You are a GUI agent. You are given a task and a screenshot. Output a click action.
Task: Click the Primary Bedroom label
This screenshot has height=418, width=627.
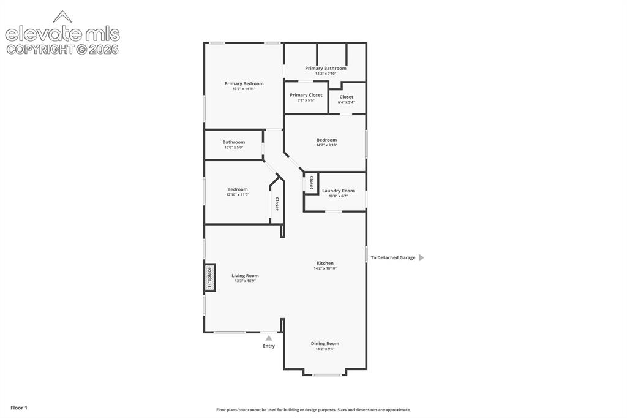point(244,84)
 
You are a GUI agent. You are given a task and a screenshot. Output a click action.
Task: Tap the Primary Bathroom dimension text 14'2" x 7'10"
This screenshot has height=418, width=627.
point(326,74)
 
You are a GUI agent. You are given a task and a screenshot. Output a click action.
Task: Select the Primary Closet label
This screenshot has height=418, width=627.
point(306,95)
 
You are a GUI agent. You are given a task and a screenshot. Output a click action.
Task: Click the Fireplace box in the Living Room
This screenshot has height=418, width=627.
point(209,277)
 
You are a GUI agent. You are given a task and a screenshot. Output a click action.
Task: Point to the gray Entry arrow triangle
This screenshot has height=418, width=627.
point(269,338)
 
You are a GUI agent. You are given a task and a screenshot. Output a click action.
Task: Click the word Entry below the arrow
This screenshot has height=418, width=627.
point(269,346)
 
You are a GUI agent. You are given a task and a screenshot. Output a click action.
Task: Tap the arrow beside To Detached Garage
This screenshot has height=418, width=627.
point(421,258)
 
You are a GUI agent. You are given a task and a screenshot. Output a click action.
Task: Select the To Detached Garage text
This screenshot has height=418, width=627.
point(392,258)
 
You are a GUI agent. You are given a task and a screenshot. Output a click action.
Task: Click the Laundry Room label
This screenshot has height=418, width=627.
point(338,191)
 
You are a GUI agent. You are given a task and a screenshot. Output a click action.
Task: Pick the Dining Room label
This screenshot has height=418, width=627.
point(325,343)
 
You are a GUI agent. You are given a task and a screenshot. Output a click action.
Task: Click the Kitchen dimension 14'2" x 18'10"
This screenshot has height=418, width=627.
point(325,268)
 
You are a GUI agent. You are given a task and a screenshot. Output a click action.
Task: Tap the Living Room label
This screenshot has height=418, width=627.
point(245,275)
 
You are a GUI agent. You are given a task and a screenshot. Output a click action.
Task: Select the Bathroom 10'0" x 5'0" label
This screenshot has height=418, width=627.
point(234,145)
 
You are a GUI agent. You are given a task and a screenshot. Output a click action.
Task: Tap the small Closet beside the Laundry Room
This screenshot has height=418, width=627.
point(311,183)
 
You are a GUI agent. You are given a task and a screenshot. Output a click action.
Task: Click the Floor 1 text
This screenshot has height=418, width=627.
point(19,408)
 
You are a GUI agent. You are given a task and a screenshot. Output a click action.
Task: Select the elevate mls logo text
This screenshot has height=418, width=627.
point(62,34)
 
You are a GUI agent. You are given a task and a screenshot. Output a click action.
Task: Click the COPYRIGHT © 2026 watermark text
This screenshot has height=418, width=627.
point(62,50)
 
